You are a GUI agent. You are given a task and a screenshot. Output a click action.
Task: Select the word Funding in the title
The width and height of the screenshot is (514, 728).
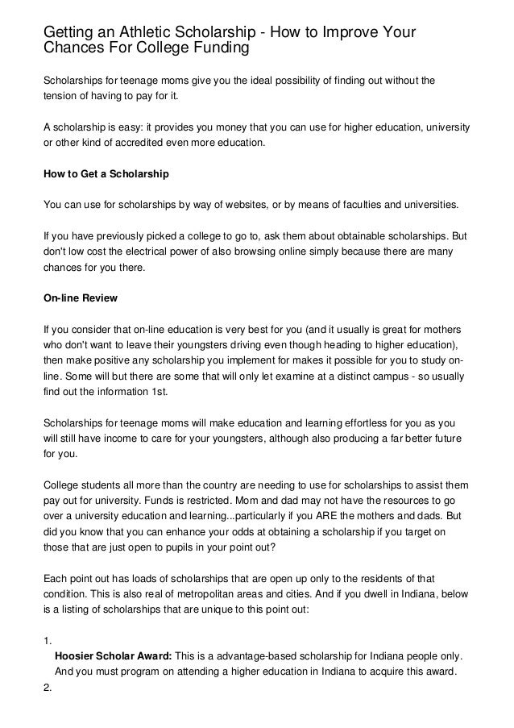pyautogui.click(x=205, y=50)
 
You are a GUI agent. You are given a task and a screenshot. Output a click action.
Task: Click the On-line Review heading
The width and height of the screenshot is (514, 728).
pyautogui.click(x=80, y=298)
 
